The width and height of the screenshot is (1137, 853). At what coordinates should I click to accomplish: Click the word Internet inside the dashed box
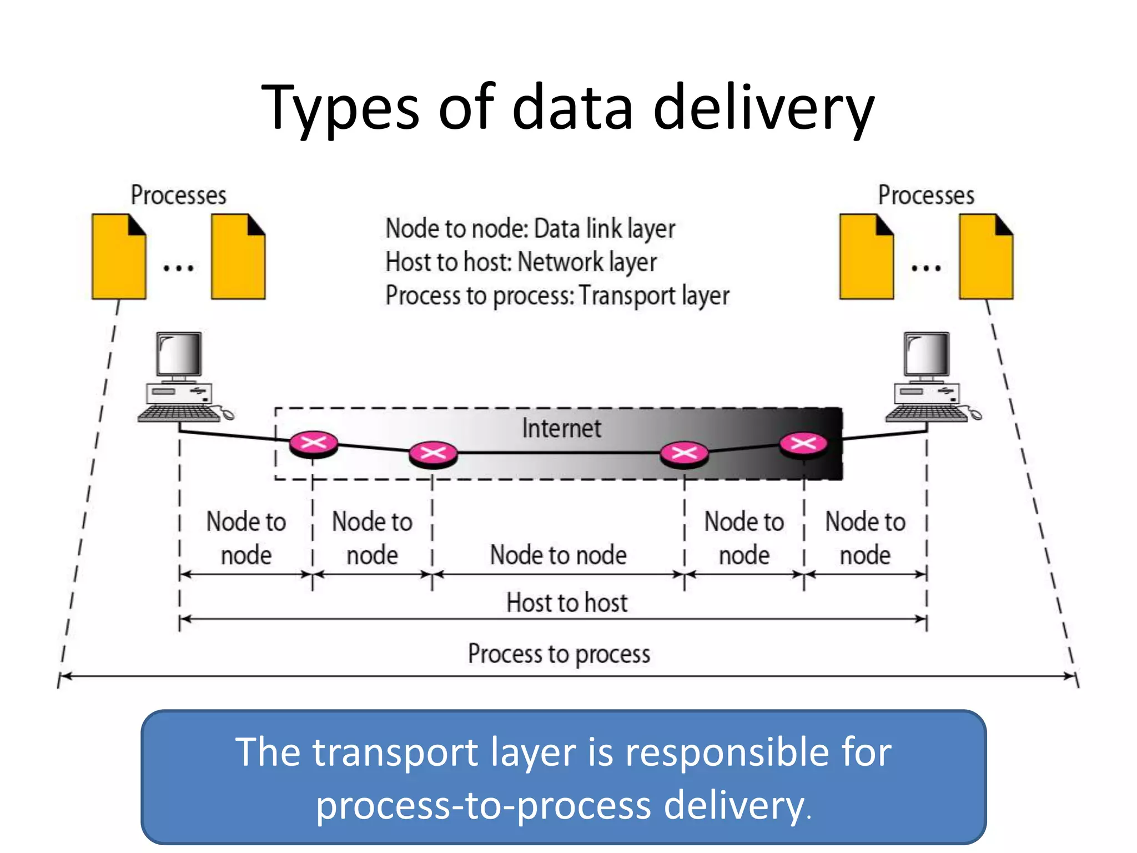click(561, 428)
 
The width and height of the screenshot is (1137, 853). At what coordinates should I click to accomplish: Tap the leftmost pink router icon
click(313, 443)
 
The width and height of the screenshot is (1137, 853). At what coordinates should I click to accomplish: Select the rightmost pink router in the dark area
click(803, 443)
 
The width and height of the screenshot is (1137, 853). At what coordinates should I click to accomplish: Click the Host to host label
click(567, 603)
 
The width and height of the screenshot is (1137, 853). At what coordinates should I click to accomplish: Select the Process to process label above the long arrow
click(559, 654)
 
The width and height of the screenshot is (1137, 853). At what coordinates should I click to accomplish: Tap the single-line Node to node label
click(559, 555)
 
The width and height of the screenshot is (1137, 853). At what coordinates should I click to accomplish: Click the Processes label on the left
click(178, 195)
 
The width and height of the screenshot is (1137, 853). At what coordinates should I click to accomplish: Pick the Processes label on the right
click(926, 195)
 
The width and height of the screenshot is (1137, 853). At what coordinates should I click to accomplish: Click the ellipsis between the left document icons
click(178, 269)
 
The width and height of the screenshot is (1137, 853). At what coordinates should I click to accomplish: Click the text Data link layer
click(605, 229)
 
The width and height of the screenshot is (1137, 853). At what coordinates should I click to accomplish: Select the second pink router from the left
click(433, 453)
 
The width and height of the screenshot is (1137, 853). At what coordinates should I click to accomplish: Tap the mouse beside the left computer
click(227, 414)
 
